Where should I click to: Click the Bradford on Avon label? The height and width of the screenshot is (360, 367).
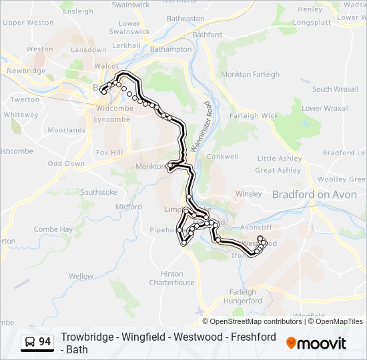point(315,194)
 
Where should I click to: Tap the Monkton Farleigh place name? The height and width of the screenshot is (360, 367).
point(250,75)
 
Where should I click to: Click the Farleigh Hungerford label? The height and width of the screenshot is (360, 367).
point(246,296)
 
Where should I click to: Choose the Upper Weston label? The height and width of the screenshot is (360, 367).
point(27,23)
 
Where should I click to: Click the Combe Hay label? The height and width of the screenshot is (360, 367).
point(53,229)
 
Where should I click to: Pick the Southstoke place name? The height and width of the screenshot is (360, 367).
point(99,193)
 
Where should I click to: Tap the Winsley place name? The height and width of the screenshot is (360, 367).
point(249,194)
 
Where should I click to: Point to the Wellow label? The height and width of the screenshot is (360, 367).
point(81,276)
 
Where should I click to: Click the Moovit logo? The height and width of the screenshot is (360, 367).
point(316,343)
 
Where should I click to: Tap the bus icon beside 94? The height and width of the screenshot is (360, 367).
point(30,342)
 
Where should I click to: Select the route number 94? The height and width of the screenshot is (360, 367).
point(45,342)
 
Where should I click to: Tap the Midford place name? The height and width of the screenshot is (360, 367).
point(128,207)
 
